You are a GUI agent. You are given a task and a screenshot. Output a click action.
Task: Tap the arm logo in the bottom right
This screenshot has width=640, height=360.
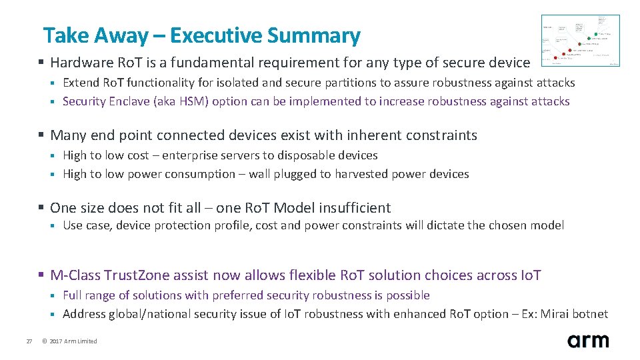coord(588,341)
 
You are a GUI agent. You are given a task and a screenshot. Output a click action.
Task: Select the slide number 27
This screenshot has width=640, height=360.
coord(29,341)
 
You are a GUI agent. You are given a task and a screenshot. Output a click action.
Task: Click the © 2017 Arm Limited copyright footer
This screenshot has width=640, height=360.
coord(73,341)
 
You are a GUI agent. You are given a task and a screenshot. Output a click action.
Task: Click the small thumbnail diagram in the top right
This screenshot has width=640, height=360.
coord(580,41)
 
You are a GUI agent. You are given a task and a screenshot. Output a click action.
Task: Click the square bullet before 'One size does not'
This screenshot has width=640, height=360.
coord(41,209)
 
